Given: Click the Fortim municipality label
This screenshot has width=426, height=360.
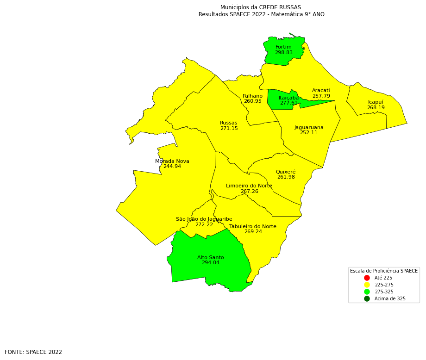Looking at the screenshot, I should [283, 47].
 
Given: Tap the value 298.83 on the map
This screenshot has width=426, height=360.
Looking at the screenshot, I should [283, 53].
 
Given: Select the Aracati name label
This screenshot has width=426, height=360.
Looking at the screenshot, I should [321, 91].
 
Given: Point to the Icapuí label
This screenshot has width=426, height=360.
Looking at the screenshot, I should [376, 102].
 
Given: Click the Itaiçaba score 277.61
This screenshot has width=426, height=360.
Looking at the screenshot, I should [288, 103].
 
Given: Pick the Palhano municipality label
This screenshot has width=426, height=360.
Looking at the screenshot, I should [252, 96].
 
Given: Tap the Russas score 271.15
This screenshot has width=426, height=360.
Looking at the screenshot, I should [229, 129].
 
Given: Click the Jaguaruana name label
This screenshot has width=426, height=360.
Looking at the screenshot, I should [309, 128].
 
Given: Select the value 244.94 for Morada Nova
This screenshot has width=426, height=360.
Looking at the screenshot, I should [172, 167].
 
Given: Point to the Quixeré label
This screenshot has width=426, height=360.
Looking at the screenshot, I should [286, 172].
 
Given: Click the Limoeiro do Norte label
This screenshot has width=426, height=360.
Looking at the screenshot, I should [249, 186].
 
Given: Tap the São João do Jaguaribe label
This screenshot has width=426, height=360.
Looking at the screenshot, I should [204, 219].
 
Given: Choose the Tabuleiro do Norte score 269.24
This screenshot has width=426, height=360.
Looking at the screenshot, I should [253, 232].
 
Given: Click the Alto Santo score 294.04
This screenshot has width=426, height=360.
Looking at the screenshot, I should [210, 263].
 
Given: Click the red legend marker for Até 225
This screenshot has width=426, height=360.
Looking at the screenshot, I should [367, 278].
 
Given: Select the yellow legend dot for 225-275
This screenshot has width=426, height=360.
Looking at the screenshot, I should [367, 285].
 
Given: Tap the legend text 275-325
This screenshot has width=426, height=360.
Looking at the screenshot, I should [384, 292].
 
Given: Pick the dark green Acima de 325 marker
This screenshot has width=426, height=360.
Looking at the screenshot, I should [367, 299].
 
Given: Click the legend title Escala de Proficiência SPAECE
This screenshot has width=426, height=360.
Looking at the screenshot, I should [383, 271].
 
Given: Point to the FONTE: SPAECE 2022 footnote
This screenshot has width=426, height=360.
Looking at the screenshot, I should [33, 352].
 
